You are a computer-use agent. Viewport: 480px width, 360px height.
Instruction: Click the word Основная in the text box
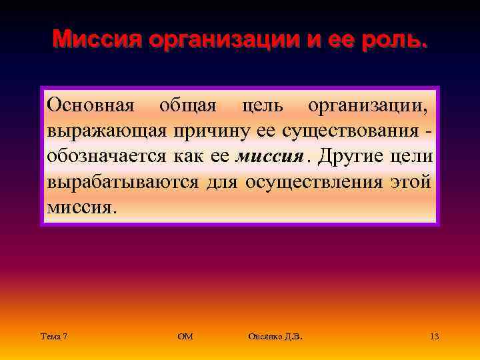90,106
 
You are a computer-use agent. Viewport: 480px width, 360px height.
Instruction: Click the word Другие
350,157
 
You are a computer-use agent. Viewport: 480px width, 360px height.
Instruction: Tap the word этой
412,182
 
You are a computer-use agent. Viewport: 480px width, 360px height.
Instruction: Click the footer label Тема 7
53,337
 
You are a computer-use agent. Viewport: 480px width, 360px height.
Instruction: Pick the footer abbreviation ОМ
185,337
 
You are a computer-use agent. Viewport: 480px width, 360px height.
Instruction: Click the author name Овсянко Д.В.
275,337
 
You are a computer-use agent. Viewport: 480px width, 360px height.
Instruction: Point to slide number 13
434,337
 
